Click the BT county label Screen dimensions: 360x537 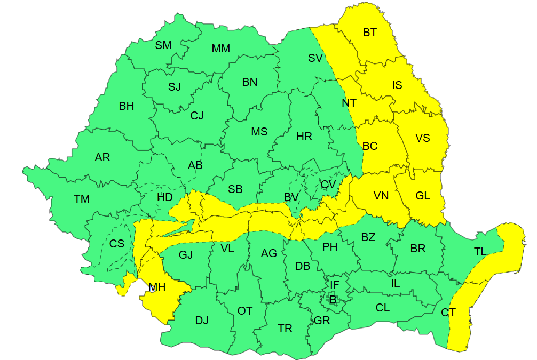click(369, 33)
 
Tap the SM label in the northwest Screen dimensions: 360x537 click(163, 45)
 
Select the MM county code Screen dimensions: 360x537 click(220, 49)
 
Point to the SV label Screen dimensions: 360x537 click(315, 58)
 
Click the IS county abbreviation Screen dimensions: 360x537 click(397, 85)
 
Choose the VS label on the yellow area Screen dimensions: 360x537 click(422, 138)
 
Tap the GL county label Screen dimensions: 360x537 click(423, 196)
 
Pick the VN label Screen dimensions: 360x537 click(381, 196)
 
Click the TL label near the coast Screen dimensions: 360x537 click(480, 252)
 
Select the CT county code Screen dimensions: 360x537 click(448, 313)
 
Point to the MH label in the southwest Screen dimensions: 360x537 click(157, 287)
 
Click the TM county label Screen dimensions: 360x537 click(82, 199)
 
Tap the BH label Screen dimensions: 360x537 click(127, 106)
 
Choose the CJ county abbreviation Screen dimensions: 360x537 click(197, 115)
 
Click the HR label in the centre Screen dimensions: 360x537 click(304, 137)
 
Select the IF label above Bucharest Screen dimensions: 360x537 click(334, 285)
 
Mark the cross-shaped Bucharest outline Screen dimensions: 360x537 click(333, 298)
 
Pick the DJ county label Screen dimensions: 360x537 click(201, 321)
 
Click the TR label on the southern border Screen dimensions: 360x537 click(285, 329)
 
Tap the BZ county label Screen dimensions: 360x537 click(368, 237)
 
